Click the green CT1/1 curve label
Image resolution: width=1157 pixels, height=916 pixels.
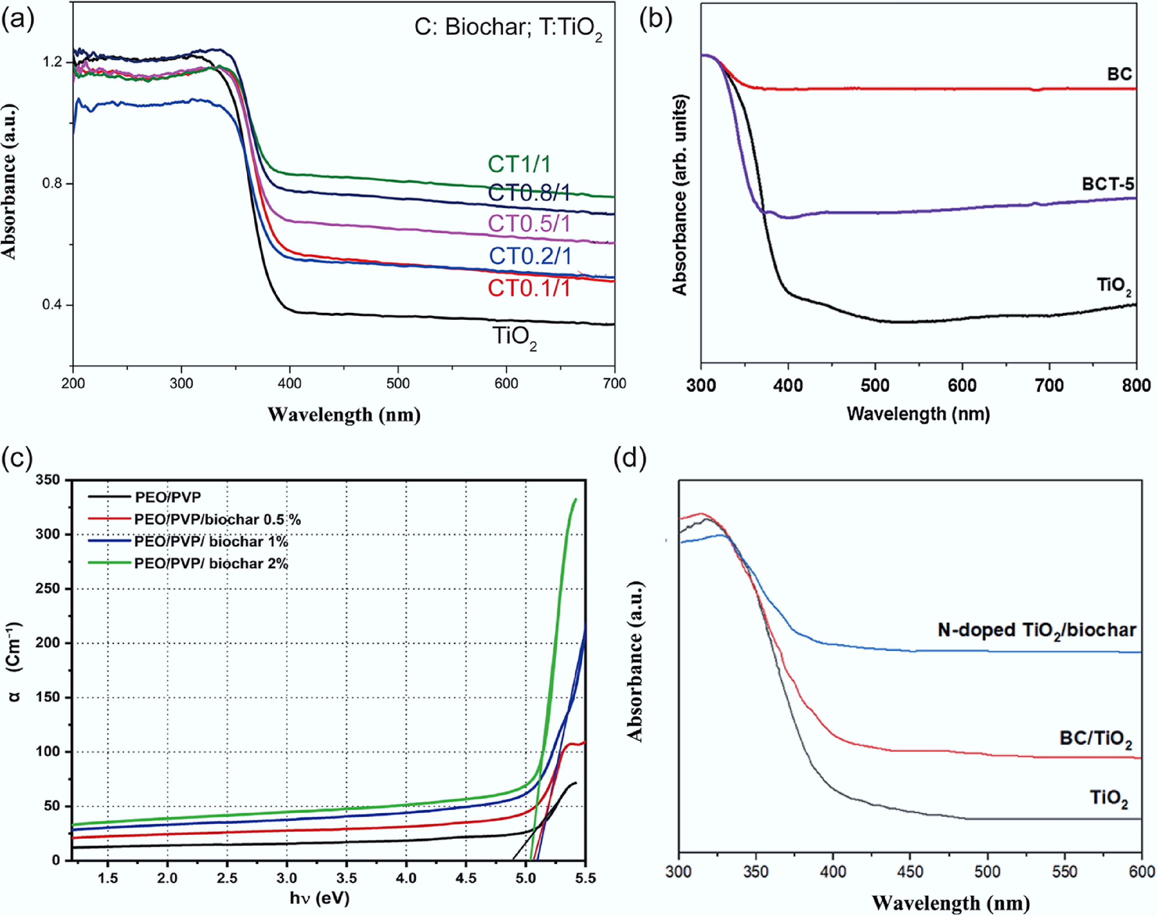click(519, 164)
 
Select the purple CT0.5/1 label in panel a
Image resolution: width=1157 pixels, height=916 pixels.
click(529, 224)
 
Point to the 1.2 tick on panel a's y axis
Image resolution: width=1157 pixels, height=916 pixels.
click(52, 62)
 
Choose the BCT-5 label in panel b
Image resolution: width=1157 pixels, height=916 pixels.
click(1108, 185)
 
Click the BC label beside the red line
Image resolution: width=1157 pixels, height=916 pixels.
click(1120, 74)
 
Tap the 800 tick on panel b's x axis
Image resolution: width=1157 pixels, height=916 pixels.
click(1136, 386)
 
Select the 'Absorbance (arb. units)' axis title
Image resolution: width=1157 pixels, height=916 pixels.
click(680, 196)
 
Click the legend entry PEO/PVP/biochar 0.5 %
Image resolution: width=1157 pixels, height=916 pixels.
click(217, 520)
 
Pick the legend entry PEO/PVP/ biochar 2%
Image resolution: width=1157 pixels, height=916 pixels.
click(211, 564)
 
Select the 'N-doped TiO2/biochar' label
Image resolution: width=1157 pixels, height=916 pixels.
click(1037, 630)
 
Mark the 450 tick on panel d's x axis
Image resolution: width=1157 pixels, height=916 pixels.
click(910, 872)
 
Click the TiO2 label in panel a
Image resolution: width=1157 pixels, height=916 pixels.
click(514, 338)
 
